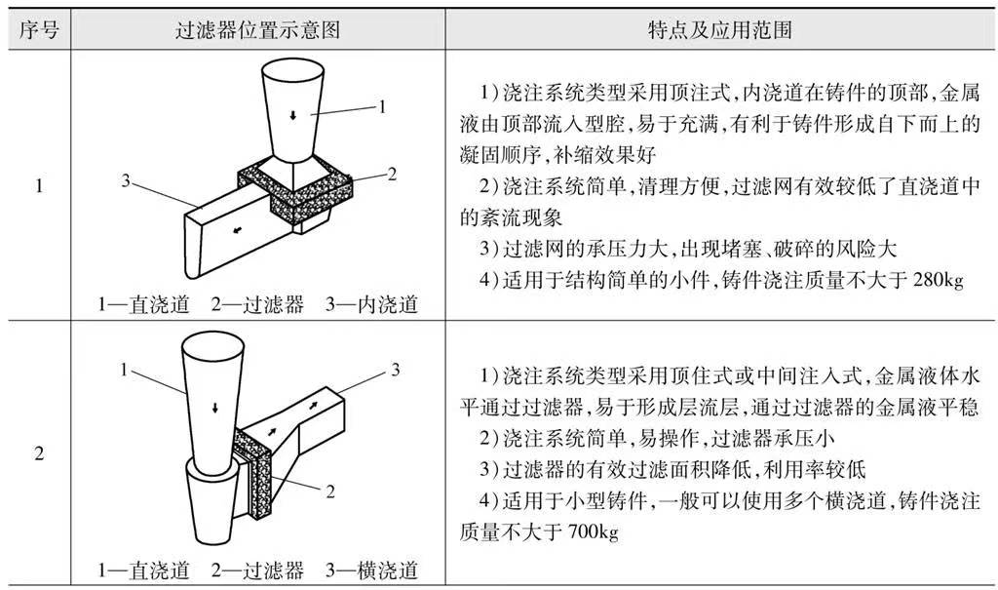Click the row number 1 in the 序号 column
(39, 184)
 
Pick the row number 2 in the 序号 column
(39, 452)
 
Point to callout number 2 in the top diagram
(392, 175)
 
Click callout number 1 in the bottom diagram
(125, 369)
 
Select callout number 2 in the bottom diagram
(330, 492)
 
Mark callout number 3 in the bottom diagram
(396, 369)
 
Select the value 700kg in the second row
(585, 533)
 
